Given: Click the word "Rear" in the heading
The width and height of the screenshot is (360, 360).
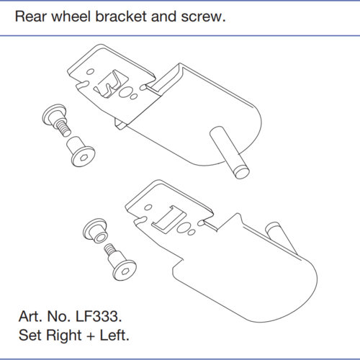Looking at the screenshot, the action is [x=30, y=17].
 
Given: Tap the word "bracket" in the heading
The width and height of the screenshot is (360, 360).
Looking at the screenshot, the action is [x=121, y=17].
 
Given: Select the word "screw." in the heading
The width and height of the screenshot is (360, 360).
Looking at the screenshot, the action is [x=204, y=17].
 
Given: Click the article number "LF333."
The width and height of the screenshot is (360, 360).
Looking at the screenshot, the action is [x=99, y=316].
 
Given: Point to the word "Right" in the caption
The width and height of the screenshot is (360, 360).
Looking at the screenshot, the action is [x=64, y=336].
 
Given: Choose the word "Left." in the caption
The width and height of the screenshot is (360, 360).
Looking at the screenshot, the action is [x=114, y=335].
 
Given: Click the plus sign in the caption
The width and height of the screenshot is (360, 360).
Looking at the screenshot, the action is [x=91, y=336].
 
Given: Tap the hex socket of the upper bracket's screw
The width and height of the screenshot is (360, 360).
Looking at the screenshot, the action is [x=84, y=158].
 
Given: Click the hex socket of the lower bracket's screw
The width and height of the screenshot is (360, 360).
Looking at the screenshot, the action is [x=125, y=271].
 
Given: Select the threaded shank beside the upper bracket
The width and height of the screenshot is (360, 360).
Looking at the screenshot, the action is [x=63, y=127].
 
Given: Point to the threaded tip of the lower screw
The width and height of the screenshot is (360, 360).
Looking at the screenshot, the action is [x=109, y=248].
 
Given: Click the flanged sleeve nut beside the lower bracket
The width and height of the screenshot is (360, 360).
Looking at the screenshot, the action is [x=96, y=230].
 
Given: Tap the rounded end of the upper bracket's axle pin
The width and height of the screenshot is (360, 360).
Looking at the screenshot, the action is [x=242, y=173].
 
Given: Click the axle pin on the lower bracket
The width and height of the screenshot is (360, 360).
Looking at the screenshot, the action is [x=281, y=238].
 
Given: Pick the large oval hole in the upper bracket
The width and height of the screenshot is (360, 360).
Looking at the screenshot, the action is [x=125, y=91].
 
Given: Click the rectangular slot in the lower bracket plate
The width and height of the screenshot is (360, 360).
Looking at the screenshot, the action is [x=168, y=219].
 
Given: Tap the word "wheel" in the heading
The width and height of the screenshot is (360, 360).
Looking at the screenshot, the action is [x=71, y=17].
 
